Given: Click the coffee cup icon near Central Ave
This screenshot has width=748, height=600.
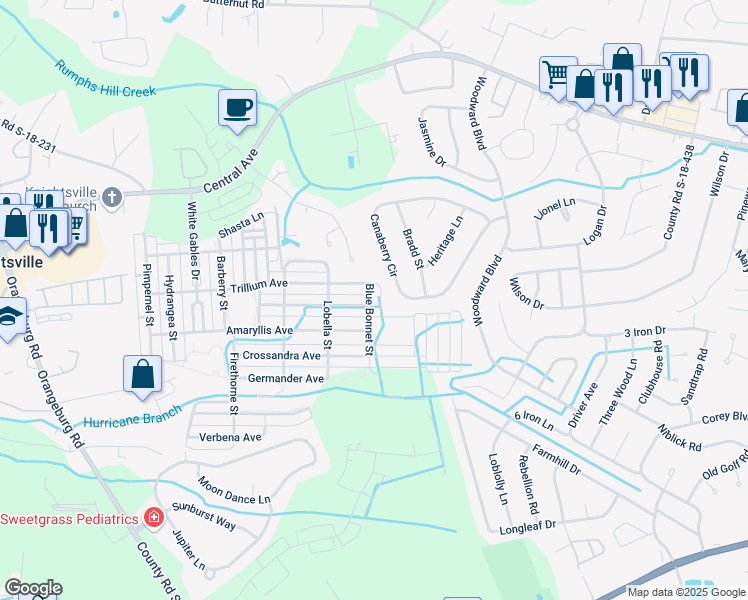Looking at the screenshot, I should point(237,107).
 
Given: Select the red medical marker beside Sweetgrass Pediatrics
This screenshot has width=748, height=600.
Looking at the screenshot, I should point(153,518).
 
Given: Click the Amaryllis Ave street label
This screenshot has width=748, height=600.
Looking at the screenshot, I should point(259,331).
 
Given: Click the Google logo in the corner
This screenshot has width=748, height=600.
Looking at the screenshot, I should point(32,588).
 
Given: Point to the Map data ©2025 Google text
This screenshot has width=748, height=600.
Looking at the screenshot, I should point(686,592).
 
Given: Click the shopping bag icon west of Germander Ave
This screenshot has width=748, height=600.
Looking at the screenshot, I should point(142,374).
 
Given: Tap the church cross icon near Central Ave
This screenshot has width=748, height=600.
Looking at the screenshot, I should point(112,197).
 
